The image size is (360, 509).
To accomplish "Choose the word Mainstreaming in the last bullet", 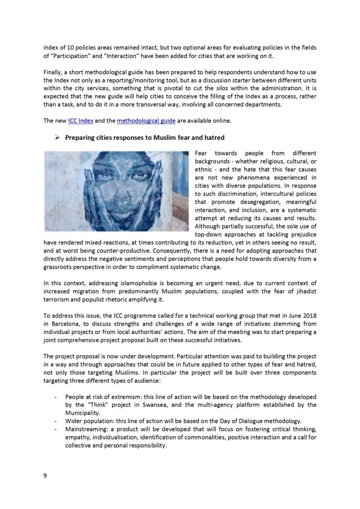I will coord(85,429).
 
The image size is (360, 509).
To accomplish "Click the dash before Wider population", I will coord(55,421).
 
